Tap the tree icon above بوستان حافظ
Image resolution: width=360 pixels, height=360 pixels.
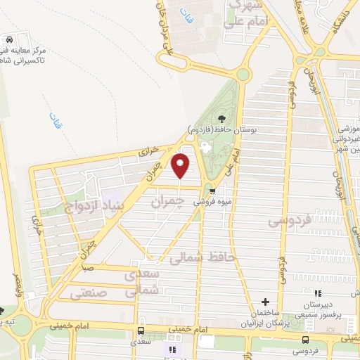[222, 119]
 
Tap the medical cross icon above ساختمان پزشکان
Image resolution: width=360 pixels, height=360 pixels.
[264, 302]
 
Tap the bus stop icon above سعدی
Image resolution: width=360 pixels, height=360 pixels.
[141, 330]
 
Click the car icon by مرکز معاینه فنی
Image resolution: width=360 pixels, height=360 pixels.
[9, 40]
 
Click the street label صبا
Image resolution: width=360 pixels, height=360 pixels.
[87, 268]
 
